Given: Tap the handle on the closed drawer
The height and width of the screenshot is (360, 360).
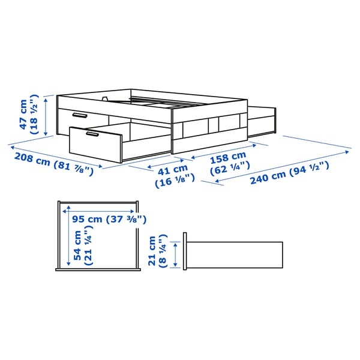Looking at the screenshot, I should (x=79, y=115).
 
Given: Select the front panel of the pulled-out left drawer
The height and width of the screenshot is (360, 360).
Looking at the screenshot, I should (x=94, y=145).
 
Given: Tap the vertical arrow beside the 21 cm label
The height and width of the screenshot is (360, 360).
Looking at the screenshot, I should (x=175, y=254).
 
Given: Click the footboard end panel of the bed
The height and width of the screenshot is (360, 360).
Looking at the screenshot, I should (x=210, y=129).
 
